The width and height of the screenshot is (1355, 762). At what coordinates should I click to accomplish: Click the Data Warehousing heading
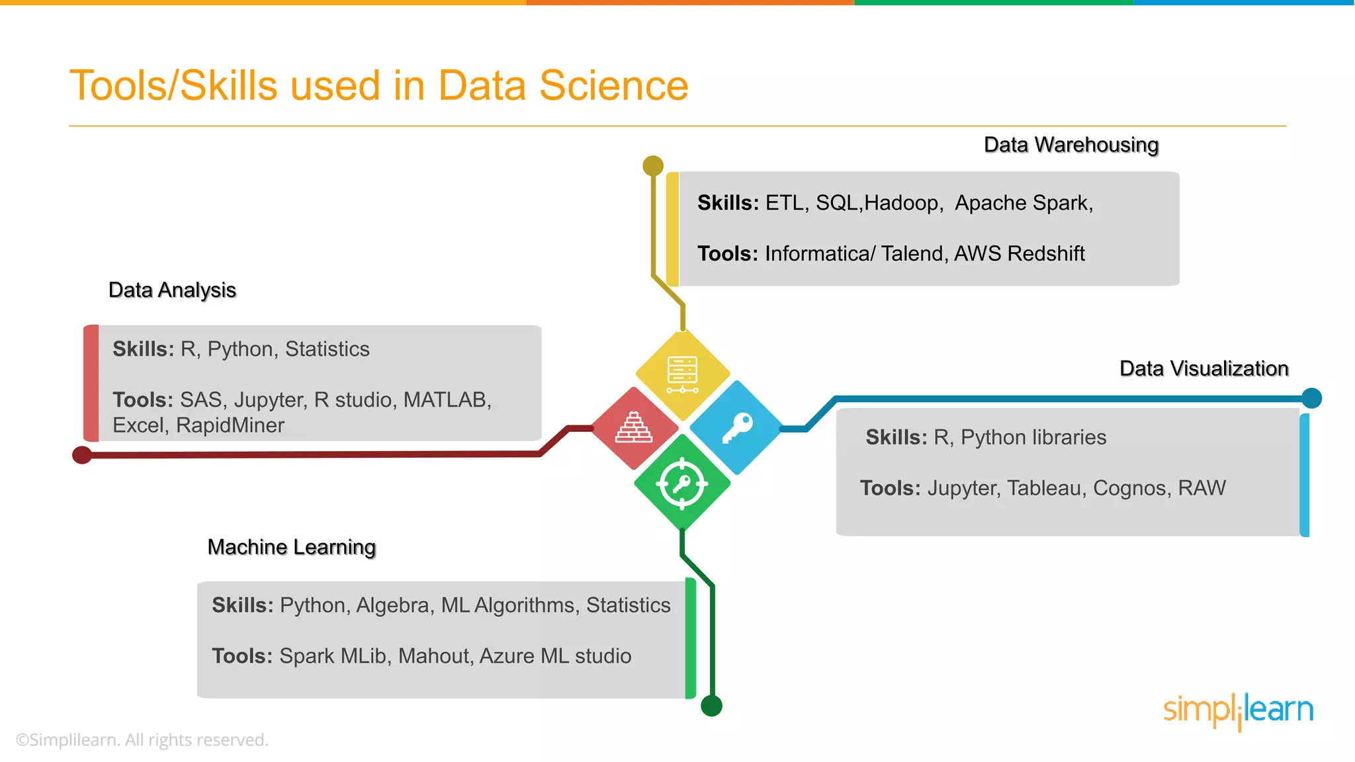[x=1071, y=145]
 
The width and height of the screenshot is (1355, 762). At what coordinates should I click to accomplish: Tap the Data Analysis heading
[x=172, y=290]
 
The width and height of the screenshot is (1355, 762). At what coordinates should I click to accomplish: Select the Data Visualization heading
[x=1203, y=368]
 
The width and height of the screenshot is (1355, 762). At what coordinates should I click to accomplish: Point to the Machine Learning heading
[x=291, y=547]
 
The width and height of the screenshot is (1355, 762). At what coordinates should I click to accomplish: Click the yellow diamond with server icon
[x=682, y=374]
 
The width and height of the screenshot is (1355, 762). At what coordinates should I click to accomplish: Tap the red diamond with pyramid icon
[x=634, y=428]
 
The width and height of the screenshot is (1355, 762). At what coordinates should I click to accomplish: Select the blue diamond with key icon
[x=736, y=428]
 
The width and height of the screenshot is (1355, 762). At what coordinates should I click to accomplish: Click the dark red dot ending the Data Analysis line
[x=82, y=455]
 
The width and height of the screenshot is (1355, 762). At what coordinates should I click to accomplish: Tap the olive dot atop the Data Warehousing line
[x=653, y=165]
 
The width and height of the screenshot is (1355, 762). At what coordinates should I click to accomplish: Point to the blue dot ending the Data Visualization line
[x=1311, y=398]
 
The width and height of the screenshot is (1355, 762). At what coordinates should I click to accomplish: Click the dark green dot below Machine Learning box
[x=711, y=706]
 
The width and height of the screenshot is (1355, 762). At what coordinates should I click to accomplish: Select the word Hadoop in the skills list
[x=902, y=203]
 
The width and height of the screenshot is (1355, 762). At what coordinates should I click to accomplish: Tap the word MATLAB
[x=447, y=400]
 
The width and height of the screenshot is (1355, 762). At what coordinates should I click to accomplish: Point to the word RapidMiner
[x=230, y=425]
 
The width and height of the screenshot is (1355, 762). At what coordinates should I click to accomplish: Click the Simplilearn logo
[x=1238, y=710]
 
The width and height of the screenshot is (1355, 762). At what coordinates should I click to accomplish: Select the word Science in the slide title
[x=613, y=86]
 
